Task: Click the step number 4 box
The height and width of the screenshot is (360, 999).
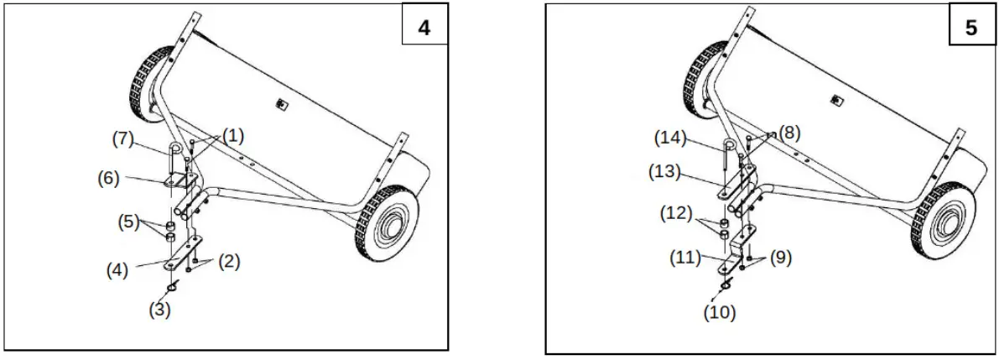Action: pos(424,27)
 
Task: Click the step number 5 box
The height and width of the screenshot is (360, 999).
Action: pos(970,27)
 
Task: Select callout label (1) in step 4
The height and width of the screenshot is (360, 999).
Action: pos(232,134)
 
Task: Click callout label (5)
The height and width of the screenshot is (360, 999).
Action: pos(127,224)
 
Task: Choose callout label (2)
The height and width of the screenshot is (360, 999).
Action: pos(229,261)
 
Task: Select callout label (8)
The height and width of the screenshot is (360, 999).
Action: pos(790,132)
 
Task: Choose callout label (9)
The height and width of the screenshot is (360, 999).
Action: pos(779,258)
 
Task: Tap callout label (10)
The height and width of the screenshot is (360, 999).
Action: pos(719,312)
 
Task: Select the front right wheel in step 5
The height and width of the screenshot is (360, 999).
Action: pos(943,221)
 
